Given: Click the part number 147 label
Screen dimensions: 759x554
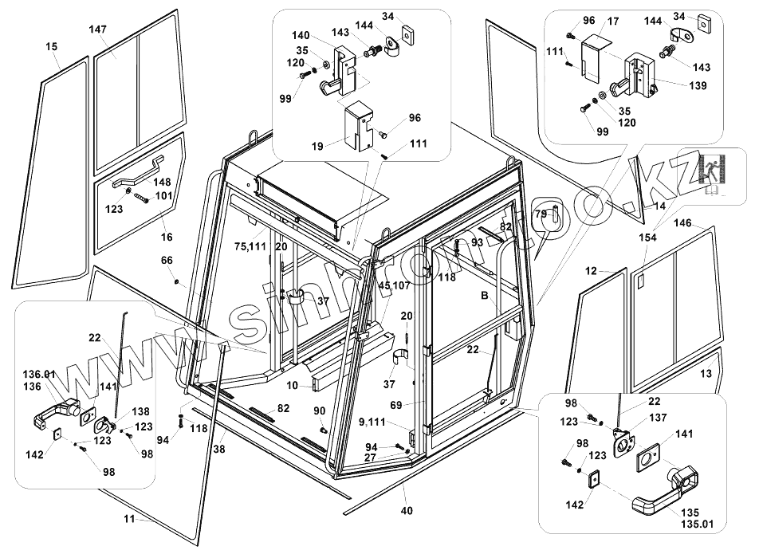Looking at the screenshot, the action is click(97, 29).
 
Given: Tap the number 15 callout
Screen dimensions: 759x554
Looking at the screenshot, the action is click(52, 46).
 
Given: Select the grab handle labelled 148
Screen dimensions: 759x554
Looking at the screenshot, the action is click(138, 171).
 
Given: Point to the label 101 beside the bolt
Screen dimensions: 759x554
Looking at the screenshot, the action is click(164, 196).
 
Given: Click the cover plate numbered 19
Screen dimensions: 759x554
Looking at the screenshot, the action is click(358, 126).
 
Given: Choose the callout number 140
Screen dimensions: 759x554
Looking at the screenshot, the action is click(300, 35).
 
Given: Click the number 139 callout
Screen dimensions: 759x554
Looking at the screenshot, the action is click(698, 85).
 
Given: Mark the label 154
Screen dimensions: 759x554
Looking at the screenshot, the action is click(647, 238).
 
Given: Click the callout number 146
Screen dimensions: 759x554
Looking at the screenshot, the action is click(683, 223).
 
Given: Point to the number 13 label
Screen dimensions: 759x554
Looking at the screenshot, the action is click(706, 374).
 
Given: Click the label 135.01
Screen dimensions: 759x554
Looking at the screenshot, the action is click(697, 524).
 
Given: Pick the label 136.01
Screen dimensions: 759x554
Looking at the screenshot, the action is click(39, 374).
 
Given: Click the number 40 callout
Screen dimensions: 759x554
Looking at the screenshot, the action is click(407, 510).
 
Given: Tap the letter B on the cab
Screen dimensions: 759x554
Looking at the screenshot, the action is click(484, 297).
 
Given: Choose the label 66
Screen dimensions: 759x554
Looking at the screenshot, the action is click(167, 261).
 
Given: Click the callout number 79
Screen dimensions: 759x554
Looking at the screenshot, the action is click(541, 214).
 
